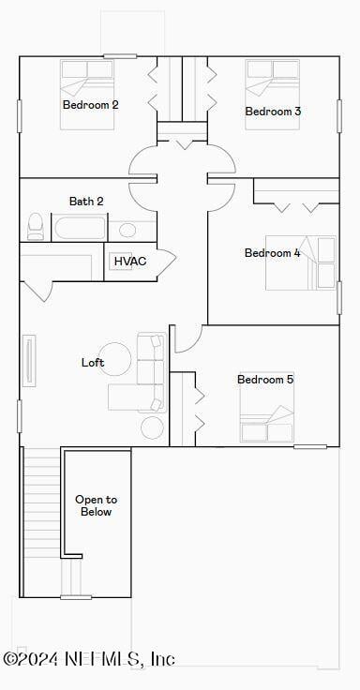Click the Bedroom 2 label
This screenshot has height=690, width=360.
pos(90,105)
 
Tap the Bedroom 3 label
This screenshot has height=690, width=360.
pos(273,112)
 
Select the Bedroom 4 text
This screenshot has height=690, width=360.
pos(273,253)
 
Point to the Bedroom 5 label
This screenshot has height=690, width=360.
pos(265,380)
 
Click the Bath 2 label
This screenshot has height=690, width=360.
pos(86,202)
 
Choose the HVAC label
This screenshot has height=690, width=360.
pos(130,261)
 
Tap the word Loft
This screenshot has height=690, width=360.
pos(93,363)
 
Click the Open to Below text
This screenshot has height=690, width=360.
pos(97,506)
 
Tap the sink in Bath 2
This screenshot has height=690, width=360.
pos(127,230)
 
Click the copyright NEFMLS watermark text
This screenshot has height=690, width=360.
pos(89,659)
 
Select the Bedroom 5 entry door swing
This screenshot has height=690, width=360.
pos(186,338)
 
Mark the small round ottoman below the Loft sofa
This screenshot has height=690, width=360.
pos(153,427)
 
